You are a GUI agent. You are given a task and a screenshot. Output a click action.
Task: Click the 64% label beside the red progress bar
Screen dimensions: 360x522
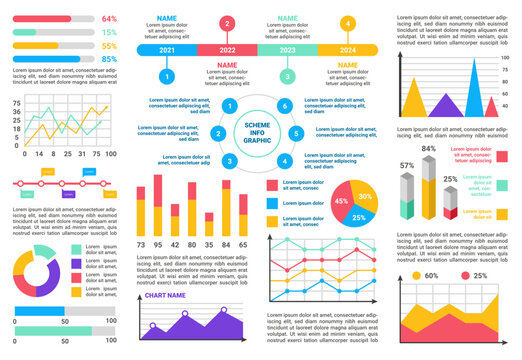click(109, 19)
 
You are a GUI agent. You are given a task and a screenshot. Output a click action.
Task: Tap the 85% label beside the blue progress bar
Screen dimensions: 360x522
click(109, 59)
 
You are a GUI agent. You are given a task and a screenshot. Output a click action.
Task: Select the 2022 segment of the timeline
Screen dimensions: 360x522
click(227, 50)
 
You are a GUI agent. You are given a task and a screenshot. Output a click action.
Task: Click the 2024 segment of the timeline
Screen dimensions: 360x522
click(348, 50)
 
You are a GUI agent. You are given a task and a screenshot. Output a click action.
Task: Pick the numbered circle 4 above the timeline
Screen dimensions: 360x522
click(348, 23)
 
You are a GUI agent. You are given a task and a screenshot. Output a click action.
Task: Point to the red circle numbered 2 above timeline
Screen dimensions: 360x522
click(227, 23)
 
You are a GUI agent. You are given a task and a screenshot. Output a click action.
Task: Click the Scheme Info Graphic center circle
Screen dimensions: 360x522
click(257, 133)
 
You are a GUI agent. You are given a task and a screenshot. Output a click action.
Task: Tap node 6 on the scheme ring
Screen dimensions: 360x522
click(285, 106)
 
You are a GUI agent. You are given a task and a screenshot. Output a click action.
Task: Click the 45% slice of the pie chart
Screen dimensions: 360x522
click(342, 202)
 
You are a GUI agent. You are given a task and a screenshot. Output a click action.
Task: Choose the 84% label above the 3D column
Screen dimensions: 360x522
click(429, 149)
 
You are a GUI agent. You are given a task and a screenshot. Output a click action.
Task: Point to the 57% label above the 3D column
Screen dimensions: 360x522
click(407, 166)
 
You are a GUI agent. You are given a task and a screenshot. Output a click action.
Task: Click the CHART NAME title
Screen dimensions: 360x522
click(167, 296)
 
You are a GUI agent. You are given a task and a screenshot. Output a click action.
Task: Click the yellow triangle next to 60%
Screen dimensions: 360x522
click(416, 276)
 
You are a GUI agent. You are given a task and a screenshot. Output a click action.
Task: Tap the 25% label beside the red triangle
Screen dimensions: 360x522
click(481, 276)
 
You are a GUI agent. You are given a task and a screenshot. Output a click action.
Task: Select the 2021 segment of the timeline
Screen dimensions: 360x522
click(167, 50)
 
